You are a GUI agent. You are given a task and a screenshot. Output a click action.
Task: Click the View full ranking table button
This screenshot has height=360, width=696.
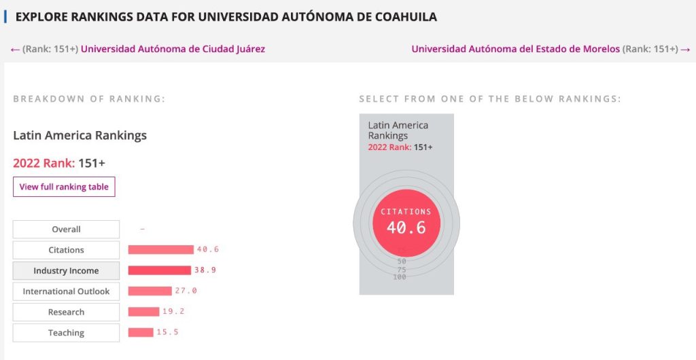click(x=64, y=187)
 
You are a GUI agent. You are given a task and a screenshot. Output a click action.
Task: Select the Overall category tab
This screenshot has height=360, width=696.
click(x=66, y=230)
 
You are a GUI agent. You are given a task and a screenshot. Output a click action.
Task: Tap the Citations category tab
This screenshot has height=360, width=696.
click(x=66, y=250)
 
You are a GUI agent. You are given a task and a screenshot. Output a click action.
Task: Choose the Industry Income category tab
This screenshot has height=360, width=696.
click(x=66, y=271)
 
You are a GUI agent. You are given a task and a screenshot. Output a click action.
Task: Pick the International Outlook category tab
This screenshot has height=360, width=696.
click(x=66, y=291)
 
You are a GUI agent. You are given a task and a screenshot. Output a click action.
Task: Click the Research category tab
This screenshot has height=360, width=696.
click(x=66, y=312)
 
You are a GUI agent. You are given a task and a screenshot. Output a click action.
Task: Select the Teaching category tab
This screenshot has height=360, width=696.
click(x=66, y=333)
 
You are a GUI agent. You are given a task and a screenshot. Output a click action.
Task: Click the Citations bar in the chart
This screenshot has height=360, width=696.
click(x=160, y=250)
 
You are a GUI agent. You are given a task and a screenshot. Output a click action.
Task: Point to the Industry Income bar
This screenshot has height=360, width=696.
click(x=159, y=270)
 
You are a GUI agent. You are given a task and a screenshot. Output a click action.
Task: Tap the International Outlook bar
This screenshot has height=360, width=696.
click(x=150, y=291)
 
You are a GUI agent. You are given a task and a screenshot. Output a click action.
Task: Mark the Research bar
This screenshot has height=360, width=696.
click(x=143, y=312)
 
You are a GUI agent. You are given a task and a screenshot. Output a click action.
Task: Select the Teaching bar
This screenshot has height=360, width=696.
click(x=141, y=332)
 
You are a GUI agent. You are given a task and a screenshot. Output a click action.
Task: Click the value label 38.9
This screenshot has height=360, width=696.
click(x=205, y=270)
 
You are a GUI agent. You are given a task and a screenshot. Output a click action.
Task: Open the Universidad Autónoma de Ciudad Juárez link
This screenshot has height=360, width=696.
click(x=173, y=49)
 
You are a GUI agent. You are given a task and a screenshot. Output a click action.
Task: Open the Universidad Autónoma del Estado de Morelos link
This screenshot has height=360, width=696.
click(x=515, y=49)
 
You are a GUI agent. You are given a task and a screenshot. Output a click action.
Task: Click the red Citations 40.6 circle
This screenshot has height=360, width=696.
click(x=406, y=223)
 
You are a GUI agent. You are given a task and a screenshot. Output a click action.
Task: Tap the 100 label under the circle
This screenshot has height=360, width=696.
click(x=400, y=277)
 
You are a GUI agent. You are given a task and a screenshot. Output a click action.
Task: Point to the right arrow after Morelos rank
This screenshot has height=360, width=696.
click(x=685, y=49)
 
